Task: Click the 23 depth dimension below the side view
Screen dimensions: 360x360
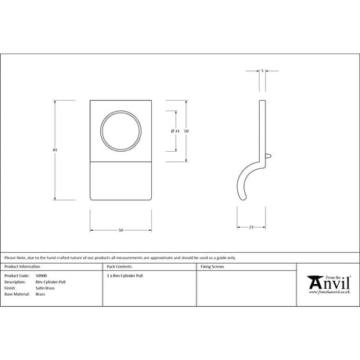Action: tap(250, 227)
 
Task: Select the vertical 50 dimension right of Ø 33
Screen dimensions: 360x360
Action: tap(187, 130)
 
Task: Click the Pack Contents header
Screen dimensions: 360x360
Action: tap(118, 268)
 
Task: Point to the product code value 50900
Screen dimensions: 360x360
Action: tap(42, 276)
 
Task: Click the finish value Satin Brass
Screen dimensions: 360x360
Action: tap(45, 289)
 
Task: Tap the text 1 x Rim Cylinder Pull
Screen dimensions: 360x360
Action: tap(125, 276)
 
